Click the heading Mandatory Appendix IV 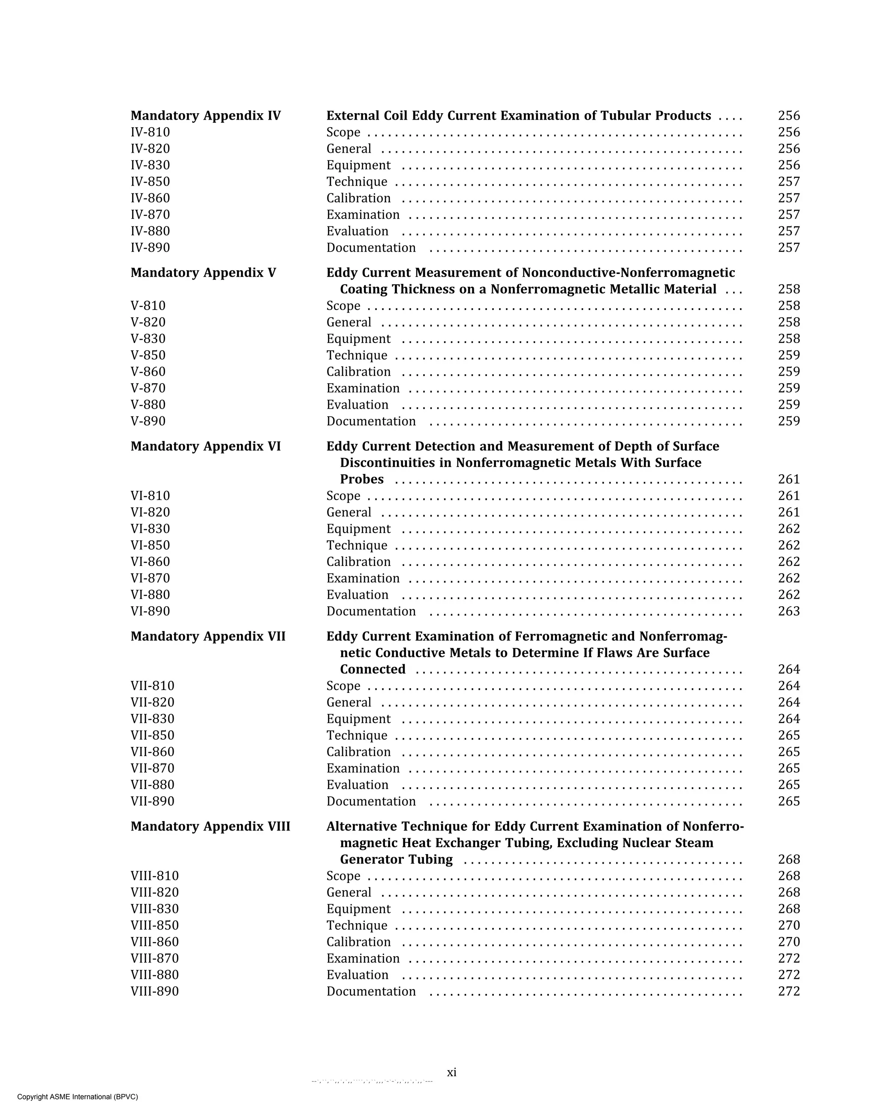(x=205, y=116)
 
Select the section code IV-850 (x=150, y=182)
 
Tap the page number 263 (x=788, y=611)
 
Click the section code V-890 (x=148, y=421)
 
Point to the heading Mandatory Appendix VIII (x=210, y=827)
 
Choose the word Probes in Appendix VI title (x=361, y=479)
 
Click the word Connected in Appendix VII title (x=373, y=670)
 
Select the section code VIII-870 (x=154, y=958)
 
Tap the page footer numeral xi (x=451, y=1072)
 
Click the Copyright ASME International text (x=78, y=1096)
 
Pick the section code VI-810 (x=150, y=496)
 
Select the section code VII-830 (x=152, y=719)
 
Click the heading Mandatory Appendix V (x=203, y=273)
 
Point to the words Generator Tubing (x=396, y=860)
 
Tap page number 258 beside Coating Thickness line (x=788, y=289)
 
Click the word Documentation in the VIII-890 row (x=371, y=992)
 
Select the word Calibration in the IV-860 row (x=358, y=199)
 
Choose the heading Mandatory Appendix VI (x=205, y=447)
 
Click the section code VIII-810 (x=154, y=876)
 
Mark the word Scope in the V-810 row (x=343, y=306)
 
